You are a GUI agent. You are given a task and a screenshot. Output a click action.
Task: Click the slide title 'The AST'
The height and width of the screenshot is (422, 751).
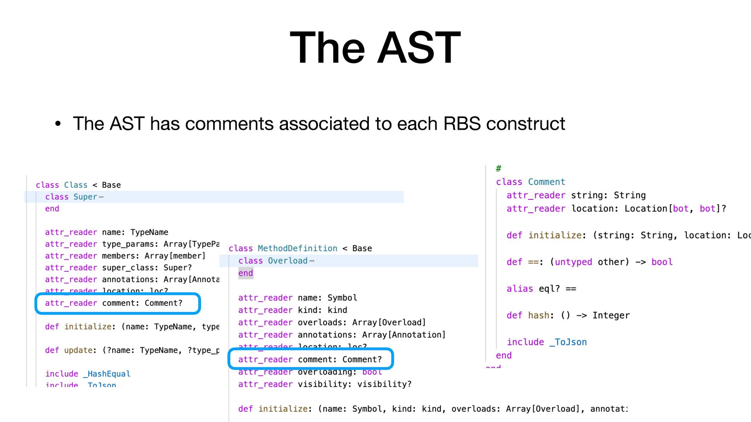pos(375,48)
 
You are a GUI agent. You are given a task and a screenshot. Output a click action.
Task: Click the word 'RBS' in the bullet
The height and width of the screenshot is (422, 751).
pos(462,124)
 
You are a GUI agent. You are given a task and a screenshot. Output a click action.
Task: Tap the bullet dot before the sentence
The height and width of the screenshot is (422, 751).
pos(58,124)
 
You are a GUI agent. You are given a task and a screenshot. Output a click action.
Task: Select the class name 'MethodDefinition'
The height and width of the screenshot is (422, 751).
pos(297,249)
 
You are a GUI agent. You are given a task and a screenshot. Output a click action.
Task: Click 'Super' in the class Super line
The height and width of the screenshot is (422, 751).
pos(85,197)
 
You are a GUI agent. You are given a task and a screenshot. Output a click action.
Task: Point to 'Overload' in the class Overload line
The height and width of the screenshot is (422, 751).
pos(287,261)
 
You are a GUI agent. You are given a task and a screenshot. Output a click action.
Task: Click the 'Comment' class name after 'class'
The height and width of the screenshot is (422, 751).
pos(546,182)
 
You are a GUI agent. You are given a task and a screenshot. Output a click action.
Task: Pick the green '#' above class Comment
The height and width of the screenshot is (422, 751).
pos(498,169)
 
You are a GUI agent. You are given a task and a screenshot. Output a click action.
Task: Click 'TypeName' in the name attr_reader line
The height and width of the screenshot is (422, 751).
pos(149,232)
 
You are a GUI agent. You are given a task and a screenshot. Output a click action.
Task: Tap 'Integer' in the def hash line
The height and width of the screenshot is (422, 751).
pos(611,316)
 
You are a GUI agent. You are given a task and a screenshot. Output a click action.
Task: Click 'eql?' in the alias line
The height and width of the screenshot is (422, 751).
pos(549,289)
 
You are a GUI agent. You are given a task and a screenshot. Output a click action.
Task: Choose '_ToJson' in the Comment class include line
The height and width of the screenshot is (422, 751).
pos(568,342)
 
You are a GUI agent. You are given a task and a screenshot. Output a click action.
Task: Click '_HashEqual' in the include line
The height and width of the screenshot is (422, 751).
pos(106,374)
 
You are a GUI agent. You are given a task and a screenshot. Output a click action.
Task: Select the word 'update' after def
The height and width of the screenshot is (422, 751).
pos(78,350)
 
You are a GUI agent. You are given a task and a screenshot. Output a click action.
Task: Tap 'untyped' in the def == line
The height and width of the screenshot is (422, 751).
pos(573,262)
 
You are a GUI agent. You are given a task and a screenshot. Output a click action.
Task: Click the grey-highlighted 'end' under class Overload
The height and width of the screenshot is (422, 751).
pos(246,274)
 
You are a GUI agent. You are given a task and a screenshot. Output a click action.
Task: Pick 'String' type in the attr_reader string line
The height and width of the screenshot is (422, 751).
pos(629,195)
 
